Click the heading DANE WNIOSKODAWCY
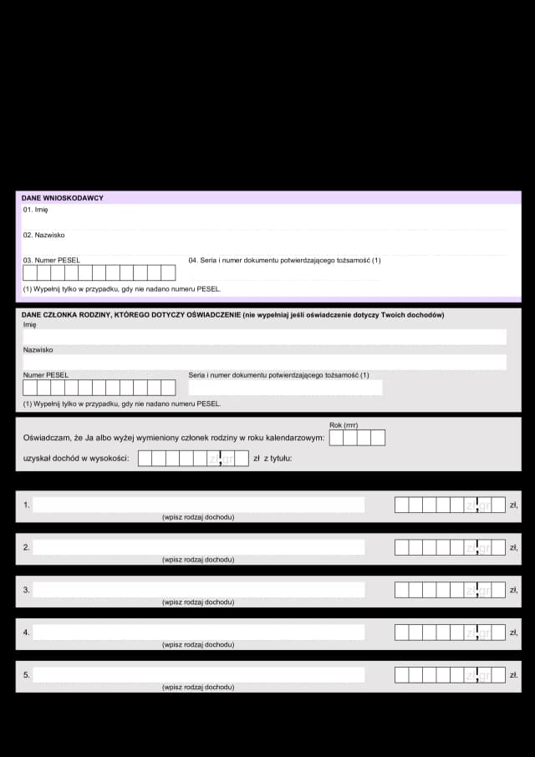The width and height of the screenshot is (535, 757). point(63,198)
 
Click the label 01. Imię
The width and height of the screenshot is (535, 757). point(36,210)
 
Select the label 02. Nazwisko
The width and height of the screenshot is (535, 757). point(44,235)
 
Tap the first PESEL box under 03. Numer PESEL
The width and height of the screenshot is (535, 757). point(30,272)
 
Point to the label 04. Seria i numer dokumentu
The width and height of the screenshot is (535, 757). point(284,260)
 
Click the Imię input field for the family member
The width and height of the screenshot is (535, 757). point(264,337)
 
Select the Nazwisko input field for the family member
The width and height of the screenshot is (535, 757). point(264,362)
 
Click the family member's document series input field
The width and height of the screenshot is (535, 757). point(285,388)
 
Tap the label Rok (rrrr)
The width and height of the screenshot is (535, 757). point(344,425)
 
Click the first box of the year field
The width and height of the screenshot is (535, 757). point(336,438)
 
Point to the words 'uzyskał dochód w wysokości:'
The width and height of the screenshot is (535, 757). point(77,458)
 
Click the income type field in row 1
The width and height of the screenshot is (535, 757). point(198,505)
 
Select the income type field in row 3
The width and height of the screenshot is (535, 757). point(198,590)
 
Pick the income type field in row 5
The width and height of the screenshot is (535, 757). point(198,674)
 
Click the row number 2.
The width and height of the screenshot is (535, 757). point(26,547)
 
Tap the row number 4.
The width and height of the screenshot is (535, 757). point(26,633)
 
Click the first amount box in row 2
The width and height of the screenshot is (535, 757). point(401,547)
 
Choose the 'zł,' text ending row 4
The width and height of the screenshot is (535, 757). point(513,633)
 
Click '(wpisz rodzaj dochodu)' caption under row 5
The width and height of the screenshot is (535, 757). point(198,687)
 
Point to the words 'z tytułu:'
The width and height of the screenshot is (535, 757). point(278,458)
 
